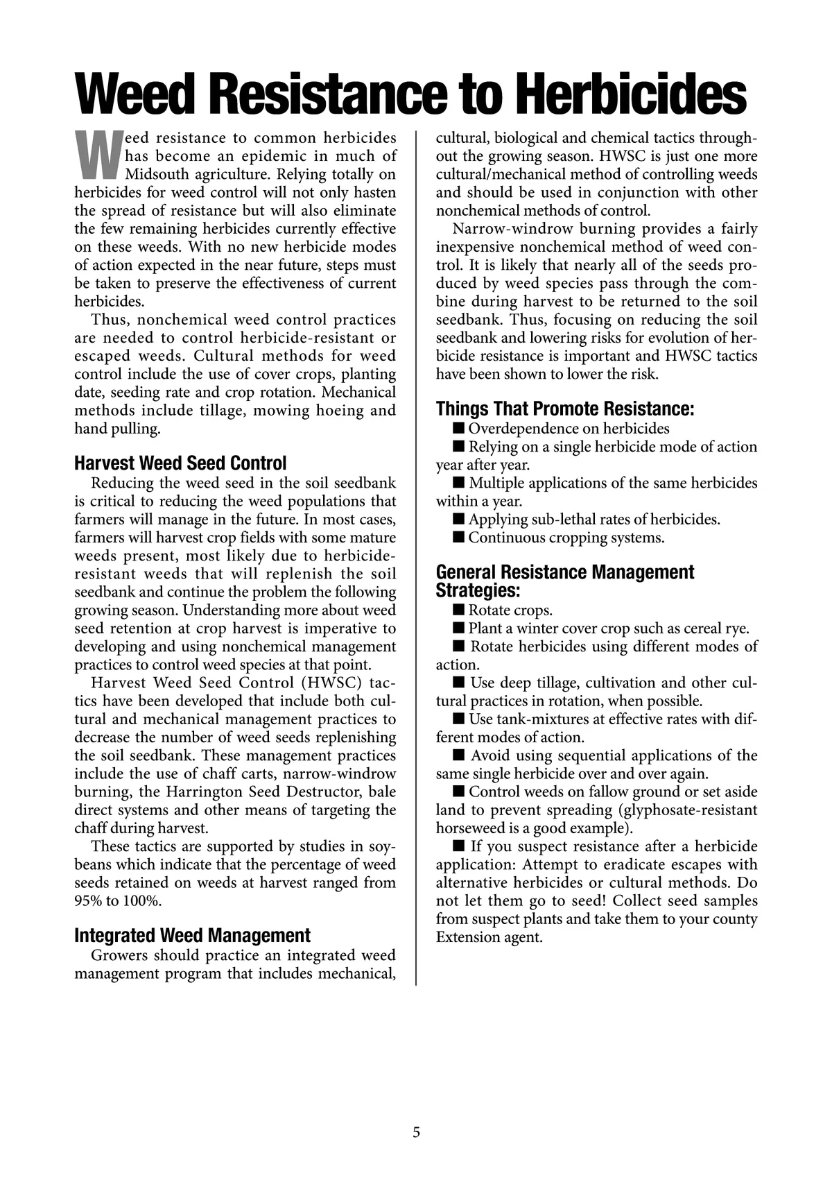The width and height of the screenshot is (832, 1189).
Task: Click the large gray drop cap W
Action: [x=97, y=153]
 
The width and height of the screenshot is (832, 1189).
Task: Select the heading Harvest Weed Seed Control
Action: [x=180, y=463]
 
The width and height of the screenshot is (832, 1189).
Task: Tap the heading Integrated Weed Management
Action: [x=193, y=935]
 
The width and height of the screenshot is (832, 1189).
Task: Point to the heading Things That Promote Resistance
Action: [x=565, y=409]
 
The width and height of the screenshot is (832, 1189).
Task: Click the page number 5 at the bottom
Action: [x=416, y=1133]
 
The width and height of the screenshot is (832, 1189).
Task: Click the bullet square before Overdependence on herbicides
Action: [x=458, y=428]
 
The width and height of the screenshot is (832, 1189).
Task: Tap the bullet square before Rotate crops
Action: [x=458, y=610]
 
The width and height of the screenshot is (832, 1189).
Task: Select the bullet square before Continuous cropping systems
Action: [x=458, y=537]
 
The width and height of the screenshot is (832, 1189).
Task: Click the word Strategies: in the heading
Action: [x=478, y=591]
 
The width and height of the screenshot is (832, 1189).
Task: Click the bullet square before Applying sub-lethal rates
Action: [x=458, y=519]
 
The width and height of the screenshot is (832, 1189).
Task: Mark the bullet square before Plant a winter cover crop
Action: [x=458, y=628]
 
